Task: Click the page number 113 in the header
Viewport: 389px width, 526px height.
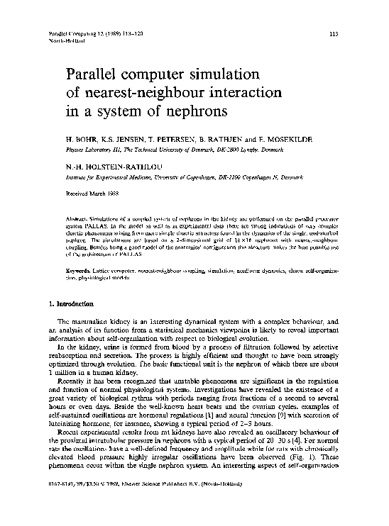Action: tap(335, 34)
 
